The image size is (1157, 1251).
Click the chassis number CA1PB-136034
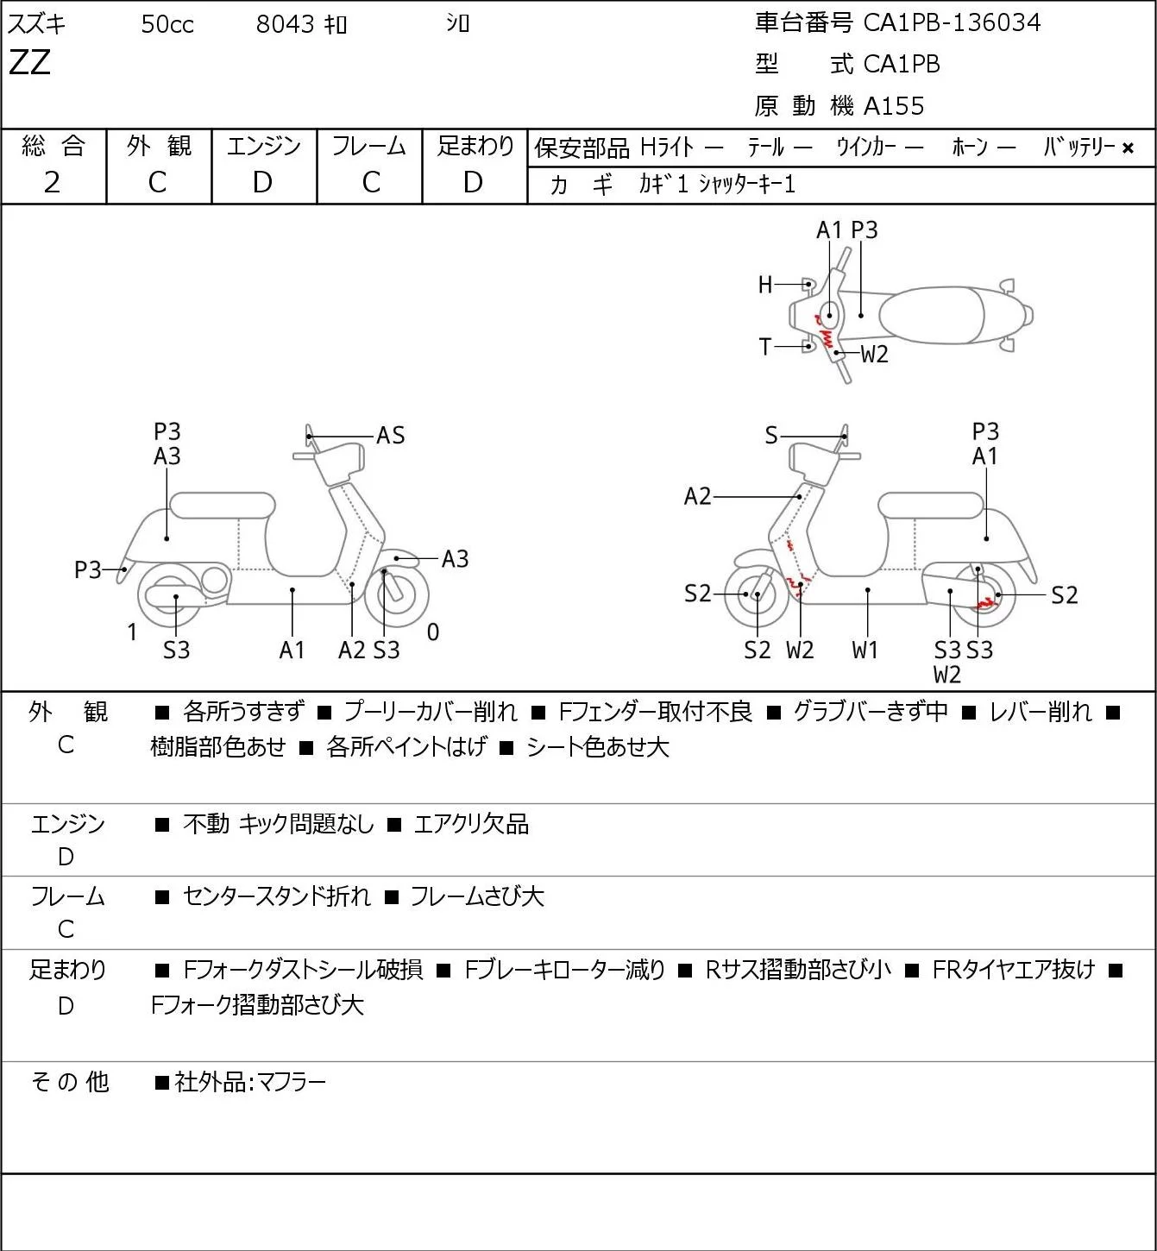[x=952, y=22]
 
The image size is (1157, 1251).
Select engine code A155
[x=894, y=106]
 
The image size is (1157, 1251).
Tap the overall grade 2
[x=53, y=183]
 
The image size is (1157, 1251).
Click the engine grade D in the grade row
[x=263, y=183]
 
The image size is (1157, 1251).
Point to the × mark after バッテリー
[x=1128, y=148]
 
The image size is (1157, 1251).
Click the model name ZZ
[x=29, y=62]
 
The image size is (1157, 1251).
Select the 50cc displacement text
[x=167, y=24]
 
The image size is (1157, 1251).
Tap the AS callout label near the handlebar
[x=390, y=436]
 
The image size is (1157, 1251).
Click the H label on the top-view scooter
[x=765, y=285]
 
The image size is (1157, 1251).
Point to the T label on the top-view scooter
[x=765, y=347]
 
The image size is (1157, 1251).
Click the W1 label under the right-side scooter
[x=865, y=650]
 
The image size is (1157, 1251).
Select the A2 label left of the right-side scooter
[x=698, y=496]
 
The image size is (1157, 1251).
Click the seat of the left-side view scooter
[x=223, y=506]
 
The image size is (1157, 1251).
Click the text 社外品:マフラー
[x=250, y=1083]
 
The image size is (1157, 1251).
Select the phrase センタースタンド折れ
[x=277, y=896]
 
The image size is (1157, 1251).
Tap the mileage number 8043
[x=285, y=24]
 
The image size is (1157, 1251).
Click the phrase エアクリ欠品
[x=471, y=824]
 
